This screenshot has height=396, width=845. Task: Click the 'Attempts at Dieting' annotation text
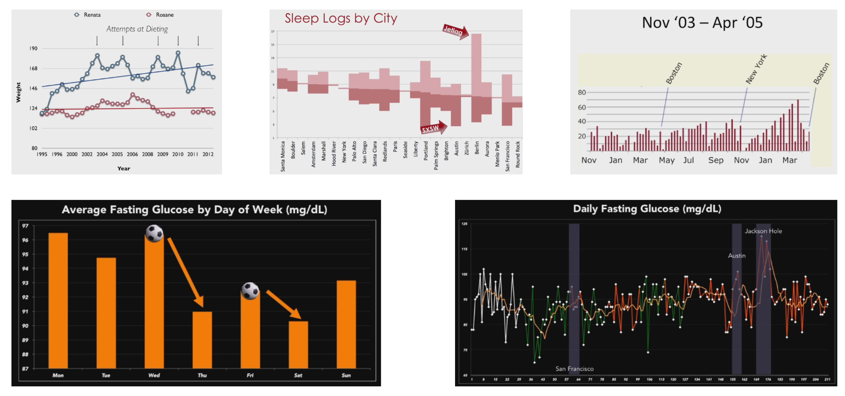pyautogui.click(x=137, y=29)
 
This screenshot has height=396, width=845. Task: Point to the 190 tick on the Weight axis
pyautogui.click(x=33, y=48)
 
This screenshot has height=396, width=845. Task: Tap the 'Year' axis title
pyautogui.click(x=124, y=168)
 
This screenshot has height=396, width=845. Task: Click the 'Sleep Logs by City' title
pyautogui.click(x=341, y=18)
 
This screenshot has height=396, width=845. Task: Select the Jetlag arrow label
pyautogui.click(x=454, y=31)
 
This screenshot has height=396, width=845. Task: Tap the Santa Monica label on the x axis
pyautogui.click(x=283, y=156)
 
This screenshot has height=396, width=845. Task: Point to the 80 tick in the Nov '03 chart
pyautogui.click(x=582, y=92)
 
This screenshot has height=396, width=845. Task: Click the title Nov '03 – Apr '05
pyautogui.click(x=702, y=23)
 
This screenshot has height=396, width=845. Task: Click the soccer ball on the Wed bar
pyautogui.click(x=154, y=233)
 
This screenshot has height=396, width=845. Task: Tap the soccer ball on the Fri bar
pyautogui.click(x=250, y=291)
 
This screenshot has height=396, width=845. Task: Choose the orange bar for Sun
pyautogui.click(x=346, y=324)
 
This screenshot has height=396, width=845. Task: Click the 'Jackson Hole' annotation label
pyautogui.click(x=763, y=231)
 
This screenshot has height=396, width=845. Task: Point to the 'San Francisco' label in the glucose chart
pyautogui.click(x=574, y=369)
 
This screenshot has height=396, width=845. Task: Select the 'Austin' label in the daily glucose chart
pyautogui.click(x=737, y=256)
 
